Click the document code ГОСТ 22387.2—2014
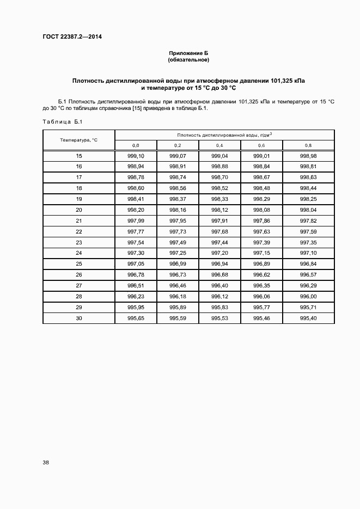(72, 37)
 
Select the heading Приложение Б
(188, 53)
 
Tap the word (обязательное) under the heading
(188, 59)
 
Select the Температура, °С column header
(79, 140)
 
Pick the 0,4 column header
(219, 145)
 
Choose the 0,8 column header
(308, 145)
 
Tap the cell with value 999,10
(136, 156)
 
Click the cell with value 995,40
(308, 318)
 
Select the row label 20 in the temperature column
(79, 210)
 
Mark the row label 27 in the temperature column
(79, 285)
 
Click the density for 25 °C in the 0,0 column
(136, 264)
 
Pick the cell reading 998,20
(136, 210)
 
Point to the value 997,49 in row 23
(178, 242)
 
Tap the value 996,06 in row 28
(262, 296)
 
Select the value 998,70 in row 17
(219, 177)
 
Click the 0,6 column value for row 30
(262, 318)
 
